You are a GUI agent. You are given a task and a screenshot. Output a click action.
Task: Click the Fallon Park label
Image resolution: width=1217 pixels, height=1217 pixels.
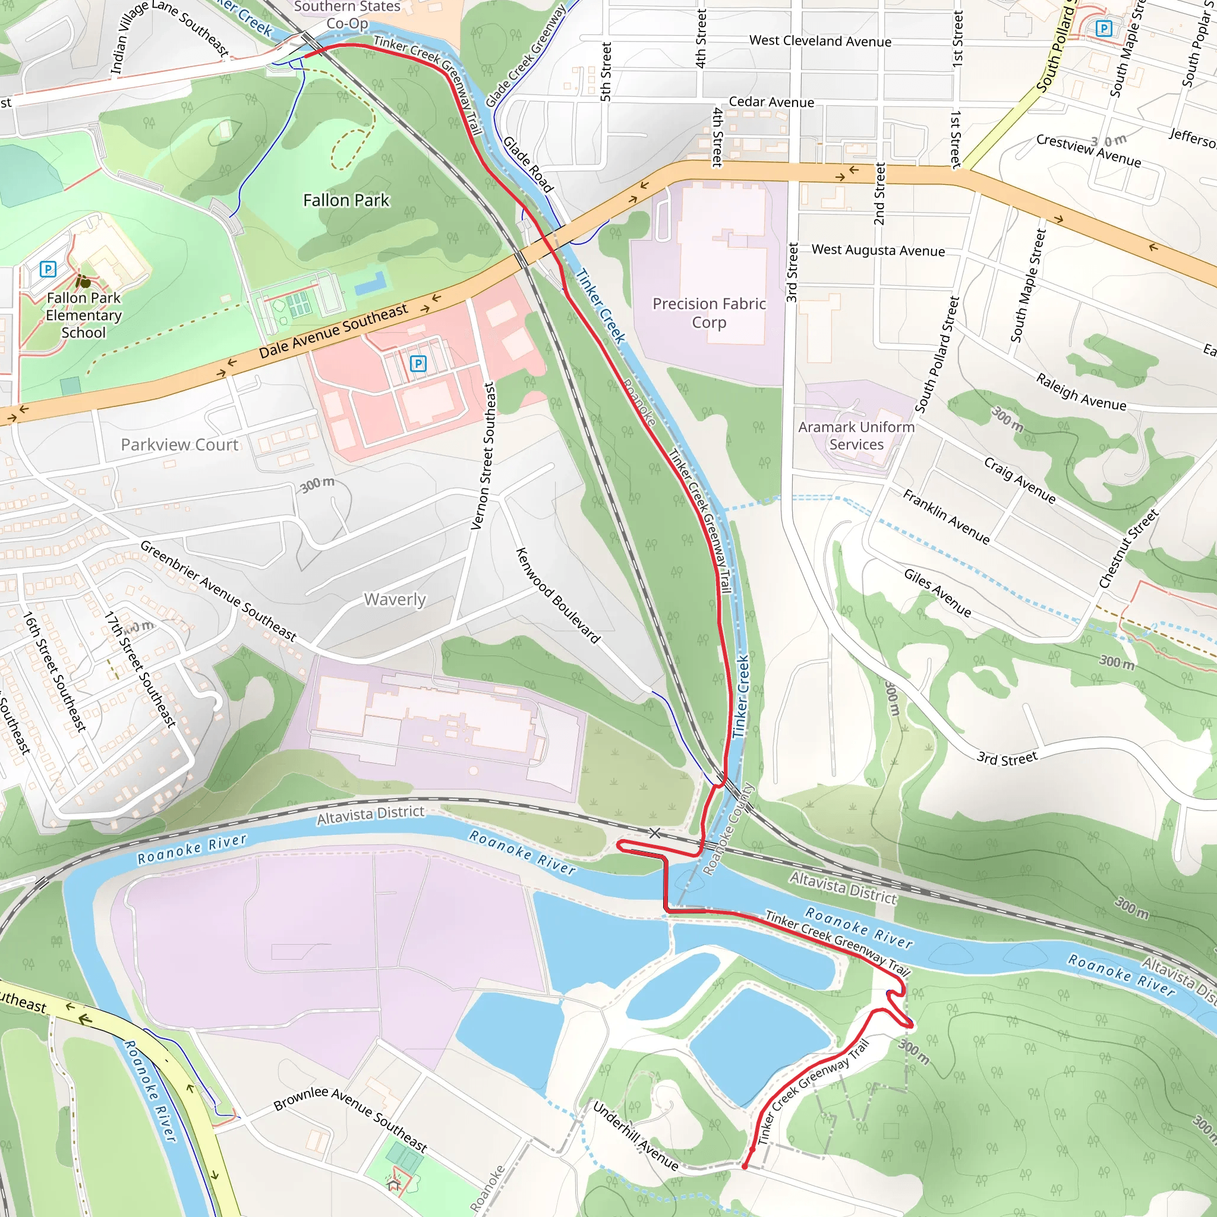(x=346, y=200)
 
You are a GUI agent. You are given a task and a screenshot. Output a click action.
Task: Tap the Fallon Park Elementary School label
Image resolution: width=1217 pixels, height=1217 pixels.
(x=84, y=315)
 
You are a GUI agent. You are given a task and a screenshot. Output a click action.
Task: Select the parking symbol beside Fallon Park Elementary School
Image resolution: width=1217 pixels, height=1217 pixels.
(x=48, y=270)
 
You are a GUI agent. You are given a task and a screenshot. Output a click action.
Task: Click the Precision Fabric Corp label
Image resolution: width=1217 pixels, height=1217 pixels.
(x=709, y=313)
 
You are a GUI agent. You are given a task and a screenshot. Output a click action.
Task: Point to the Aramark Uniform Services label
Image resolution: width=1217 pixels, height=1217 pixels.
(x=856, y=435)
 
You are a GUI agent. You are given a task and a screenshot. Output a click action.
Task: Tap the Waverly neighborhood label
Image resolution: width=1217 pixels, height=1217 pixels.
(x=395, y=599)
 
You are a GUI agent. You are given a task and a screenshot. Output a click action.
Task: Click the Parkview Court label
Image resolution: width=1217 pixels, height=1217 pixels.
(x=179, y=444)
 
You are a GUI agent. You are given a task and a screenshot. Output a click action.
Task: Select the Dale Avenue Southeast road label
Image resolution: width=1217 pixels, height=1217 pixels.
(x=333, y=331)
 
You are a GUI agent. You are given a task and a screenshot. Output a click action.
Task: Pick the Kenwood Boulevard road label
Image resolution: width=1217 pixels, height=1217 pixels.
(x=557, y=595)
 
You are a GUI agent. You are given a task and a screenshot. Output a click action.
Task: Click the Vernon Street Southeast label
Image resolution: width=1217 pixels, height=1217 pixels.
(x=484, y=455)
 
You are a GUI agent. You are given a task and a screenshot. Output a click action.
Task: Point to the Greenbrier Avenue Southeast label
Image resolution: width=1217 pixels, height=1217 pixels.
(x=218, y=590)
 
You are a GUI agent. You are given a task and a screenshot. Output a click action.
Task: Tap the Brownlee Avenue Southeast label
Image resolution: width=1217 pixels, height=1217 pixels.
(x=350, y=1118)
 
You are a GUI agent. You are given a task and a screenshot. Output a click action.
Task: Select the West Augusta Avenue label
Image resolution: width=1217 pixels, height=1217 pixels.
(x=878, y=250)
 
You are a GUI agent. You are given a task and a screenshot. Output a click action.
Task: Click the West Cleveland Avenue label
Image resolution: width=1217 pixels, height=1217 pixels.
(x=820, y=41)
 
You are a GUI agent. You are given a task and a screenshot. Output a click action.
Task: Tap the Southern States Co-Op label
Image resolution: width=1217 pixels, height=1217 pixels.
(x=347, y=14)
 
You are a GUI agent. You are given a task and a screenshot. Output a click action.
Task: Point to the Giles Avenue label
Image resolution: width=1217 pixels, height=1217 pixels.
(x=937, y=592)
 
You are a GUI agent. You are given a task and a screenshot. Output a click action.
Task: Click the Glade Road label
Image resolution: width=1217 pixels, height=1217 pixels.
(x=528, y=165)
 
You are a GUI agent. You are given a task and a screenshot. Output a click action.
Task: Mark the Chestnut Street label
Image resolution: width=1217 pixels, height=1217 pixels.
(x=1128, y=548)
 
